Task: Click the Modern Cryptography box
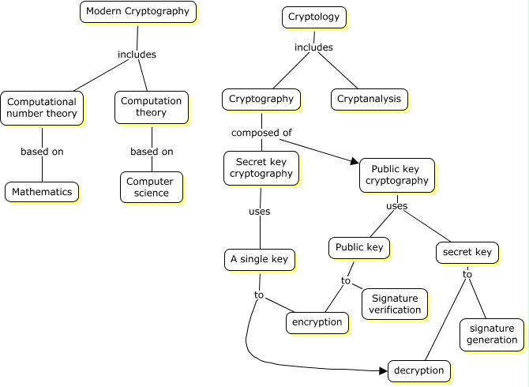click(138, 12)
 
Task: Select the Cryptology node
click(313, 17)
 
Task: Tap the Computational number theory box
click(42, 107)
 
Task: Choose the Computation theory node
click(151, 107)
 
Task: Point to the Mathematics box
click(42, 191)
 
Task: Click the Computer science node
click(151, 187)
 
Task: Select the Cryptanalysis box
click(369, 99)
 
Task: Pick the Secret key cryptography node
click(261, 167)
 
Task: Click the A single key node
click(260, 259)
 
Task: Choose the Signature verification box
click(395, 304)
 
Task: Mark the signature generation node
click(491, 334)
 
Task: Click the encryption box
click(317, 322)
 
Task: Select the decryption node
click(420, 370)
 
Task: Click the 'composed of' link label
click(255, 133)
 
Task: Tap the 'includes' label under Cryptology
click(313, 47)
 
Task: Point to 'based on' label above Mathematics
click(42, 152)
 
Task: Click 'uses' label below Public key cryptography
click(396, 206)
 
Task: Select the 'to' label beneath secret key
click(467, 274)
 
